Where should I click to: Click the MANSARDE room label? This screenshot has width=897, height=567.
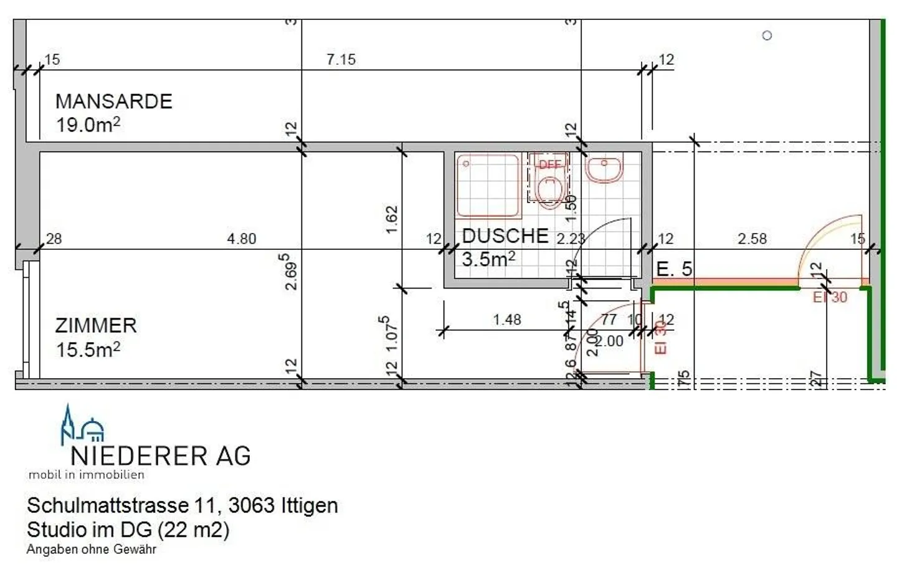pyautogui.click(x=113, y=101)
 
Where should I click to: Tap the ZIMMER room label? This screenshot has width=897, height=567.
pyautogui.click(x=96, y=325)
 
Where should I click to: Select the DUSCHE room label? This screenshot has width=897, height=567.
pyautogui.click(x=505, y=236)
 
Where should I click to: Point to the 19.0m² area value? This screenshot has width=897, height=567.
pyautogui.click(x=88, y=125)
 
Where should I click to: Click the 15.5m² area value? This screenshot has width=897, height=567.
pyautogui.click(x=88, y=350)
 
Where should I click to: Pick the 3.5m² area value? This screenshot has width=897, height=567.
pyautogui.click(x=488, y=259)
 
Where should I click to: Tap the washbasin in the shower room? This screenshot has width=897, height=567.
pyautogui.click(x=604, y=169)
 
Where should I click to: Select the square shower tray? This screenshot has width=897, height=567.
pyautogui.click(x=488, y=185)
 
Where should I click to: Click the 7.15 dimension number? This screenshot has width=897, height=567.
pyautogui.click(x=341, y=60)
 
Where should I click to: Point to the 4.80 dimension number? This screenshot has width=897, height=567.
pyautogui.click(x=242, y=239)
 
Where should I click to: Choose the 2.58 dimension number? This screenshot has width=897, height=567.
pyautogui.click(x=752, y=239)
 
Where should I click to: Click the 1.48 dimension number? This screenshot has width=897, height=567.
pyautogui.click(x=507, y=320)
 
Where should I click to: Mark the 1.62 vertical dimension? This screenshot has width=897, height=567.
pyautogui.click(x=392, y=219)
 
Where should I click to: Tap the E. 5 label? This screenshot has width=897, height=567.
pyautogui.click(x=674, y=269)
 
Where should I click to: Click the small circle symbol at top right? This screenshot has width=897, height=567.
pyautogui.click(x=767, y=36)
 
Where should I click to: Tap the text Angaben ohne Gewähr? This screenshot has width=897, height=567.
pyautogui.click(x=91, y=550)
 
